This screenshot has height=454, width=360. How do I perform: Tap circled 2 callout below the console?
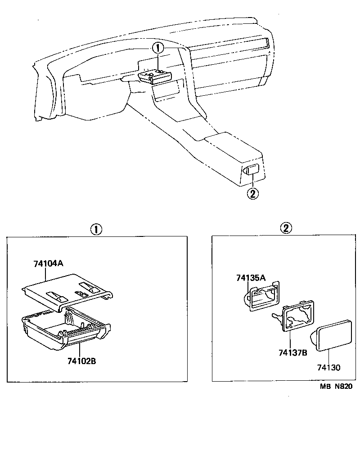pyautogui.click(x=252, y=194)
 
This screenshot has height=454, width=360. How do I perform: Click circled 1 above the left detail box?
pyautogui.click(x=96, y=229)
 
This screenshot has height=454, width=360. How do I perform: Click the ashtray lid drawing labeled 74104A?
pyautogui.click(x=67, y=292)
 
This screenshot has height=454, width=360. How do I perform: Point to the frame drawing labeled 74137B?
pyautogui.click(x=297, y=316)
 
